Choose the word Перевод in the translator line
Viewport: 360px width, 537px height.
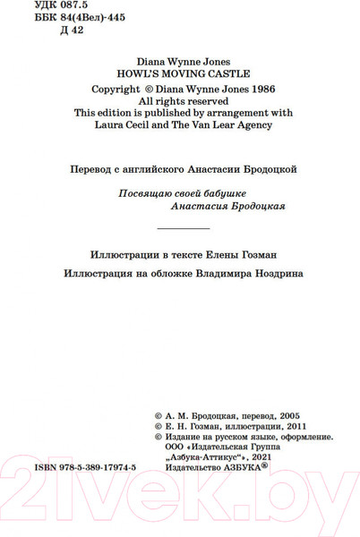pos(92,168)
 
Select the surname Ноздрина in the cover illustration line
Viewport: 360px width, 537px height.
pos(270,274)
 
